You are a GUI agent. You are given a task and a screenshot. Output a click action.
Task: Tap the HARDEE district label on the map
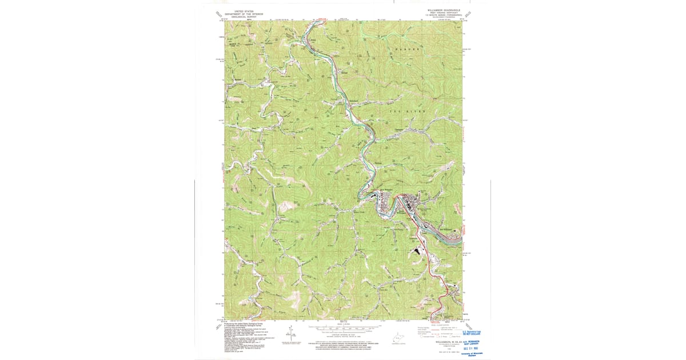click(x=405, y=50)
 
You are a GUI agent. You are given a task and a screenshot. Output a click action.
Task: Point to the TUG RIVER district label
click(x=406, y=112)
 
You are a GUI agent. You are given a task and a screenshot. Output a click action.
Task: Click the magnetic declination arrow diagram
click(x=290, y=334)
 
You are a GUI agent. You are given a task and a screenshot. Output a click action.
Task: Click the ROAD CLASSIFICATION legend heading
click(x=437, y=323)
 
